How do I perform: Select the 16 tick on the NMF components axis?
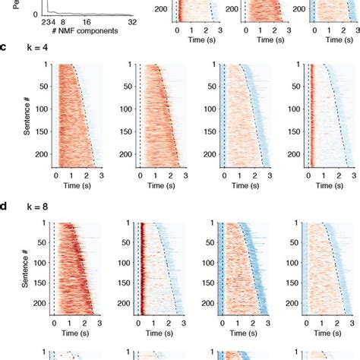click(87, 22)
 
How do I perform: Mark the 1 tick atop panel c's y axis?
click(45, 65)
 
